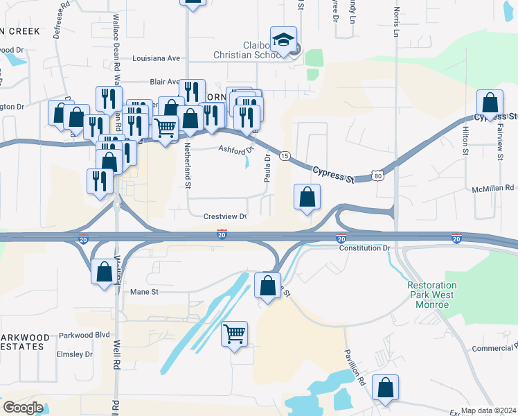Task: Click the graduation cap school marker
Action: pos(283,41)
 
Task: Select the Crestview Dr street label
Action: pos(225,217)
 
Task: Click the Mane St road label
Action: pos(145,292)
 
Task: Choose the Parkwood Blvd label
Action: pos(85,334)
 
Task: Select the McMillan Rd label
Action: pos(493,188)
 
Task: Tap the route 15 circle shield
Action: pos(285,156)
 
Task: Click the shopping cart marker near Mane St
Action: pos(234,333)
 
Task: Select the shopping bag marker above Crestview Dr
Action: pos(307,197)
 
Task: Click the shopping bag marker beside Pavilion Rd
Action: pos(385,388)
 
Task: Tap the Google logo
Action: pos(22,408)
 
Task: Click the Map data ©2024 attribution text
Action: pos(489,410)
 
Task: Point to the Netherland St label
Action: pos(188,166)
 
